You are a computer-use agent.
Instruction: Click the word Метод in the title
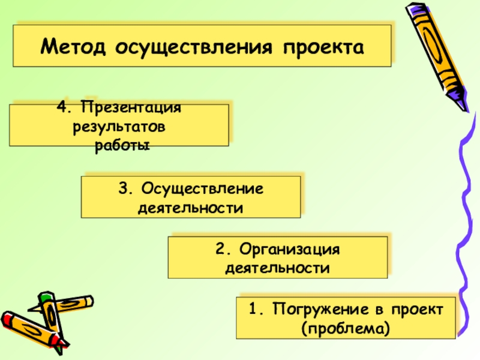coord(74,46)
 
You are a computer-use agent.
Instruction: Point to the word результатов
coord(119,127)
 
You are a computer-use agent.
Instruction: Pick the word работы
coord(121,145)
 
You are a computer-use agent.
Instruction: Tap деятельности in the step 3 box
coord(191,208)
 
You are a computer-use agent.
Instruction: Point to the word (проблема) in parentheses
coord(346,329)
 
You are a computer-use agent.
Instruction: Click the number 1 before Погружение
coord(254,309)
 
